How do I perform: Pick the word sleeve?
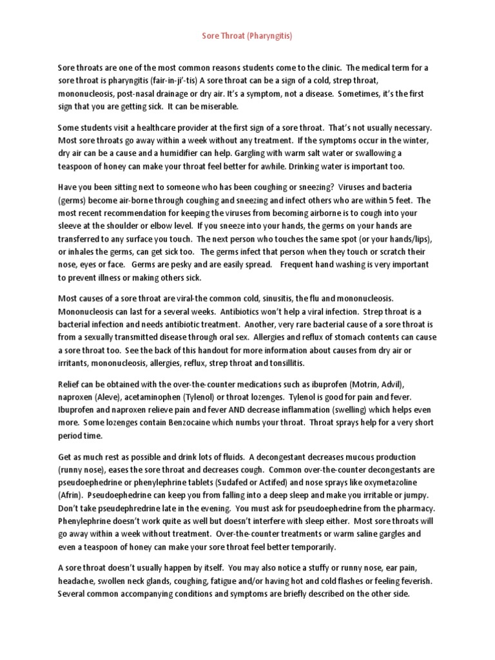pos(70,226)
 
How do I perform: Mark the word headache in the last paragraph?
pos(74,580)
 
